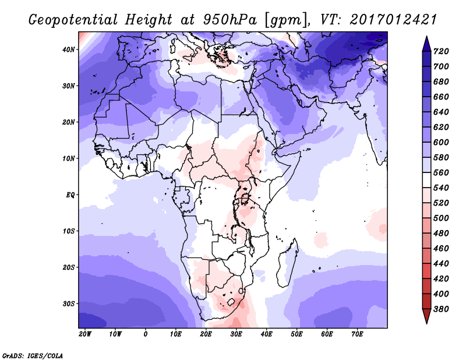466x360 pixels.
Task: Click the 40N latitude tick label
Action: click(x=69, y=50)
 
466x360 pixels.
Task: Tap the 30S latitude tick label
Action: click(x=69, y=303)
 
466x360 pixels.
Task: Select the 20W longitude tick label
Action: click(x=84, y=334)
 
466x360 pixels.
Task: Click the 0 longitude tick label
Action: click(x=145, y=334)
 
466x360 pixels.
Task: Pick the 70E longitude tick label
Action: click(x=358, y=334)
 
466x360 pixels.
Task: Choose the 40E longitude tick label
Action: click(x=267, y=334)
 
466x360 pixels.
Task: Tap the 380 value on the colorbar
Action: click(x=440, y=309)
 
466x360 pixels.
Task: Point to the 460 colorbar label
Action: click(x=440, y=249)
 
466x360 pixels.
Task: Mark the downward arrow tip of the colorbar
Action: click(x=426, y=321)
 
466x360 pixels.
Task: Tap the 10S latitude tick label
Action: click(x=69, y=231)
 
